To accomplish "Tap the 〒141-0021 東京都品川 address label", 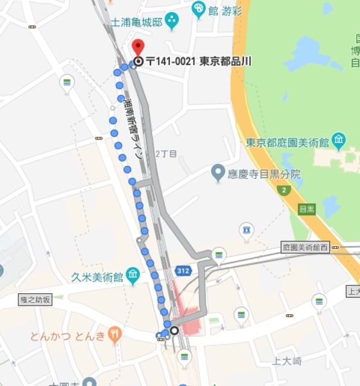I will pos(198,62).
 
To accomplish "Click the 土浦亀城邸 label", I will pos(137,22).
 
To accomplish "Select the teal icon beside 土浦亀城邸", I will pos(172,21).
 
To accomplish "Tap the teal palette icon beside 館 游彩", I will pos(198,8).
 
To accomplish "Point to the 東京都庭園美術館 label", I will pos(288,142).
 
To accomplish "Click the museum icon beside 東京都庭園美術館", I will pos(338,141).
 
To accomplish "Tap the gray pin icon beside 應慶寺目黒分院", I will pos(218,174).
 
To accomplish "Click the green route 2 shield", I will pos(283,190).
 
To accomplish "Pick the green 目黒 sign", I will pos(306,209).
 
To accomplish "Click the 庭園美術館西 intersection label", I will pos(306,247).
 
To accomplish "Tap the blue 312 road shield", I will pos(183,271).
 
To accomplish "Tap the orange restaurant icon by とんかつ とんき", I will pos(115,334).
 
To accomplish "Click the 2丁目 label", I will pos(166,154).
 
